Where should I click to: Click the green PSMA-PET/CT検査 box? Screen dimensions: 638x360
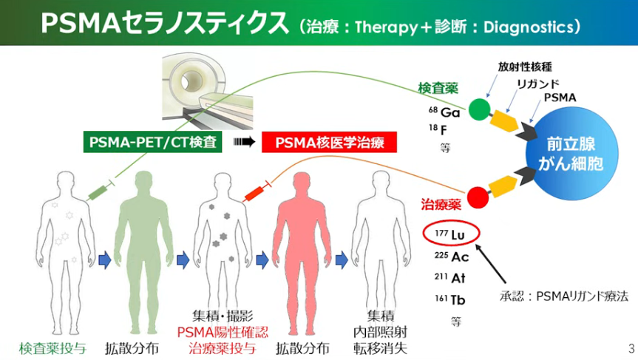pyautogui.click(x=152, y=142)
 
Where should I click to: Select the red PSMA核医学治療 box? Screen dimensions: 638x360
pyautogui.click(x=329, y=143)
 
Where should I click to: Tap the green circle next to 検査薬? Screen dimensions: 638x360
pyautogui.click(x=479, y=109)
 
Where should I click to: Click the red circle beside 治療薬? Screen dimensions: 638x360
pyautogui.click(x=478, y=197)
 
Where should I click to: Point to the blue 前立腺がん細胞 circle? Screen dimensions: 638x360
pyautogui.click(x=571, y=154)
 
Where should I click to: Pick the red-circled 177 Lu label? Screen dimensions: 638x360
pyautogui.click(x=451, y=234)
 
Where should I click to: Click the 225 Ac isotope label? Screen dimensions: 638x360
pyautogui.click(x=451, y=257)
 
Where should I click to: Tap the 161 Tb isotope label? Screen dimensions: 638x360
pyautogui.click(x=449, y=300)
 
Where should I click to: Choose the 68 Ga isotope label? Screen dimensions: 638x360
pyautogui.click(x=444, y=112)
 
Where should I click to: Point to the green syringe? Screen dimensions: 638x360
pyautogui.click(x=101, y=191)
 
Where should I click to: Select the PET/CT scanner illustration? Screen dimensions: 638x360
pyautogui.click(x=208, y=92)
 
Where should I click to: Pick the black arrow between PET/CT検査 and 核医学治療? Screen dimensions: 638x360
pyautogui.click(x=244, y=141)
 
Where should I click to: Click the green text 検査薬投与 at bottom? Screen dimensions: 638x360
pyautogui.click(x=52, y=348)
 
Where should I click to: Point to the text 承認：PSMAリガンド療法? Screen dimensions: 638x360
pyautogui.click(x=564, y=296)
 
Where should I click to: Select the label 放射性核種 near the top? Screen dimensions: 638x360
pyautogui.click(x=525, y=67)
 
